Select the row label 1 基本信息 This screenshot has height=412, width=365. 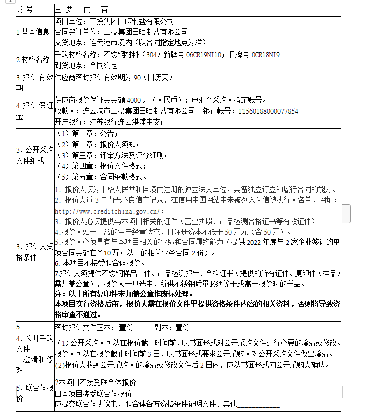pyautogui.click(x=33, y=32)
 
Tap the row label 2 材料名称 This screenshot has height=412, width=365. pyautogui.click(x=33, y=59)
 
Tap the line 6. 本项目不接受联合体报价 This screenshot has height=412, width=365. pyautogui.click(x=97, y=263)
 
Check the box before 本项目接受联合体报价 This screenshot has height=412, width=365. pyautogui.click(x=58, y=394)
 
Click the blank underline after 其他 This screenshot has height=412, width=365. pyautogui.click(x=258, y=404)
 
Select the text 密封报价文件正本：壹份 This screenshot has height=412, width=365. pyautogui.click(x=94, y=327)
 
